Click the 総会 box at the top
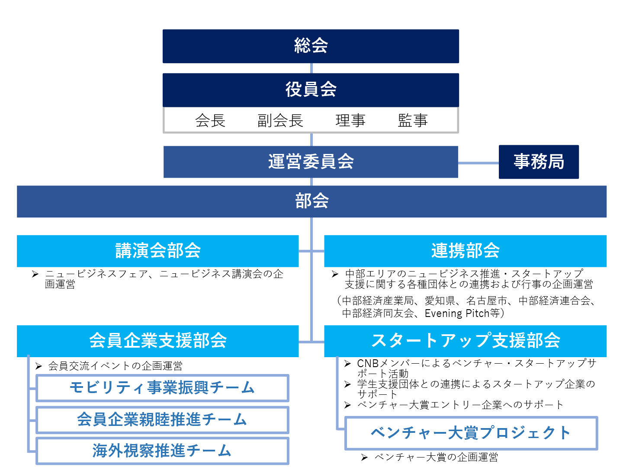tap(311, 46)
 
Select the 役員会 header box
tap(311, 90)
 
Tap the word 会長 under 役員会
tap(210, 121)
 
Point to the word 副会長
tap(280, 121)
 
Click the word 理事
tap(350, 121)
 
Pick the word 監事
tap(413, 121)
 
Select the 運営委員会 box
tap(311, 162)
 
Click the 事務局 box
tap(539, 162)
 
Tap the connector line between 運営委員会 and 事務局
tap(478, 163)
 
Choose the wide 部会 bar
tap(311, 202)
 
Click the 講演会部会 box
tap(157, 251)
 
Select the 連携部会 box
tap(465, 251)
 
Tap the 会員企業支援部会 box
tap(157, 341)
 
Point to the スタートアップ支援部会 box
tap(465, 341)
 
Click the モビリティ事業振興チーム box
tap(162, 388)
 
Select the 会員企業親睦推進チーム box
tap(162, 419)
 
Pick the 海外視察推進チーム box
tap(162, 451)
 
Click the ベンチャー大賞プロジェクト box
tap(471, 433)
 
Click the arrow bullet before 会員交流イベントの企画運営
tap(39, 367)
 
